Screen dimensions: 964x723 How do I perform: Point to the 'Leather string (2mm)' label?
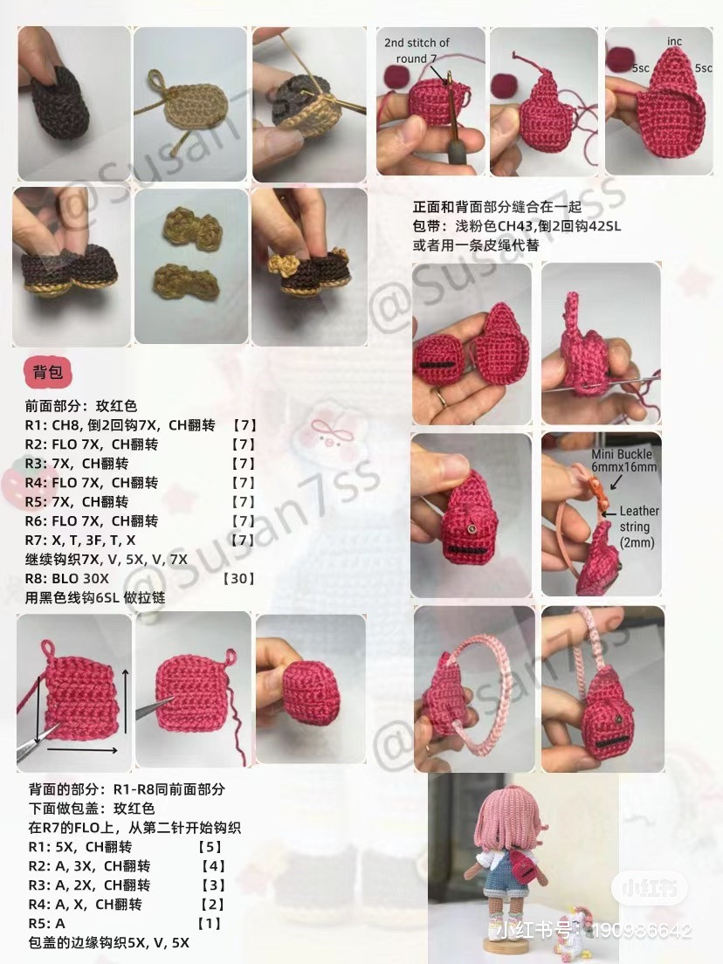pos(639,526)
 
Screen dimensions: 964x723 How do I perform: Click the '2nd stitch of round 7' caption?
pos(417,50)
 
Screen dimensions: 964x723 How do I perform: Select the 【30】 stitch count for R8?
pos(238,579)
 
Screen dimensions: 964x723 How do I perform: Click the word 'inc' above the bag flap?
pos(674,41)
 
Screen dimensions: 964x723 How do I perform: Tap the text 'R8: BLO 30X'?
pos(67,579)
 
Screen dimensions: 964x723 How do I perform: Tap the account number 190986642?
pos(641,931)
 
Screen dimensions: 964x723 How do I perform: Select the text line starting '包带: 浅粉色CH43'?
pos(516,227)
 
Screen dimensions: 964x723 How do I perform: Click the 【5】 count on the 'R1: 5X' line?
pos(210,847)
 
